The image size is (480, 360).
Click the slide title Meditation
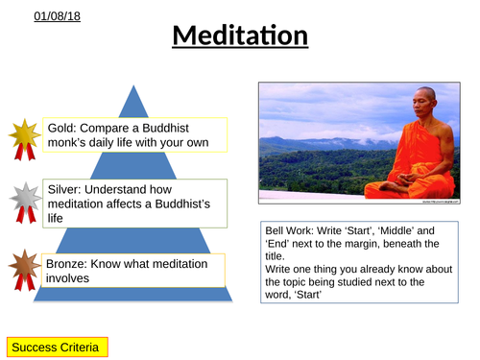(x=241, y=37)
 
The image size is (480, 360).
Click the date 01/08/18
(x=36, y=16)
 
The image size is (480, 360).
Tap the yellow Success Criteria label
(x=57, y=344)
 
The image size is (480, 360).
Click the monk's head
(x=422, y=106)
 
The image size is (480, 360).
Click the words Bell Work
(x=291, y=231)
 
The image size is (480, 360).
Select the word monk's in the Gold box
(x=72, y=144)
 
